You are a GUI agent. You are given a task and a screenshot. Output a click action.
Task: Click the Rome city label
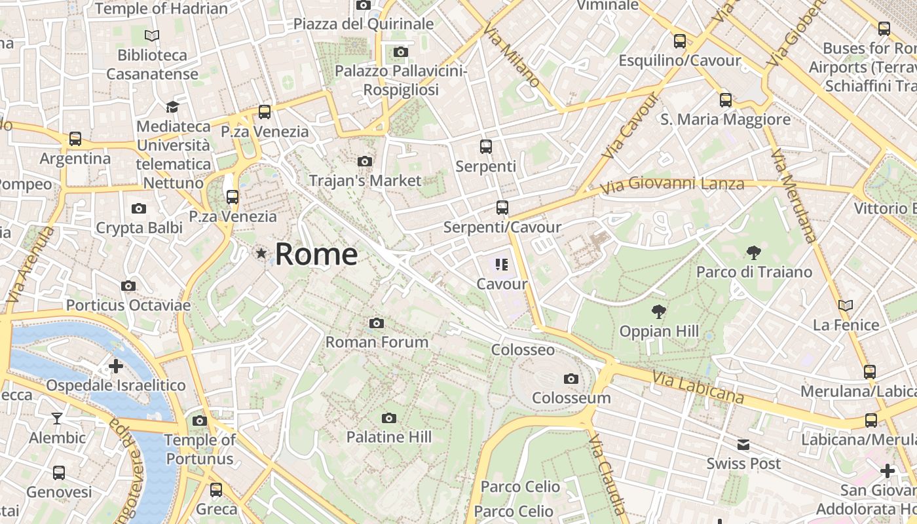coord(316,254)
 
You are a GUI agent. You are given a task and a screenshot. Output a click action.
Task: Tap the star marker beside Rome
coord(261,253)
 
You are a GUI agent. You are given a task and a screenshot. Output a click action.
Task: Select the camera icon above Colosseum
coord(571,379)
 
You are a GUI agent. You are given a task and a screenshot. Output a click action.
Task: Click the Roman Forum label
coord(377,342)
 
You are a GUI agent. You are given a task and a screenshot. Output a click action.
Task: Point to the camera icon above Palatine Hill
coord(389,418)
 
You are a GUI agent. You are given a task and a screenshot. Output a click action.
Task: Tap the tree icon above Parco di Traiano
coord(753,252)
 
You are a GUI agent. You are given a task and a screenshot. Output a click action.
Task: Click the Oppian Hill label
coord(659,331)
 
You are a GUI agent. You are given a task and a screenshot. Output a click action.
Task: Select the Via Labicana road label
coord(698,387)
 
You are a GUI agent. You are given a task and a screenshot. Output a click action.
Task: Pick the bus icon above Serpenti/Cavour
coord(502,208)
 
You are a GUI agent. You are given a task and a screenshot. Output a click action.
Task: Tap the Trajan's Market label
coord(365,180)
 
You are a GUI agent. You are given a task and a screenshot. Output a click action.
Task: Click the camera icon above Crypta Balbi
coord(139,209)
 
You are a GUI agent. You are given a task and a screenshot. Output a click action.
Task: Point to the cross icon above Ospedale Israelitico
coord(116,365)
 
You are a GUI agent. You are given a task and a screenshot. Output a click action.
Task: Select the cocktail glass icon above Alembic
coord(58,419)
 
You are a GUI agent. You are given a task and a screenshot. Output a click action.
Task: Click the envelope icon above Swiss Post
coord(743,445)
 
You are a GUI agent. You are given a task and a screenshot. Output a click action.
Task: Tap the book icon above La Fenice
coord(846,305)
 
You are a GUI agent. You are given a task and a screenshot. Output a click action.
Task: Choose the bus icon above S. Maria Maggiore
coord(726,100)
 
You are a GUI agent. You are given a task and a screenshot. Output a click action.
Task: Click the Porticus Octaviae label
coord(128,305)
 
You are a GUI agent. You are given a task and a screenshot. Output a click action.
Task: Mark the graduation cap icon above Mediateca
coord(172,107)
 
